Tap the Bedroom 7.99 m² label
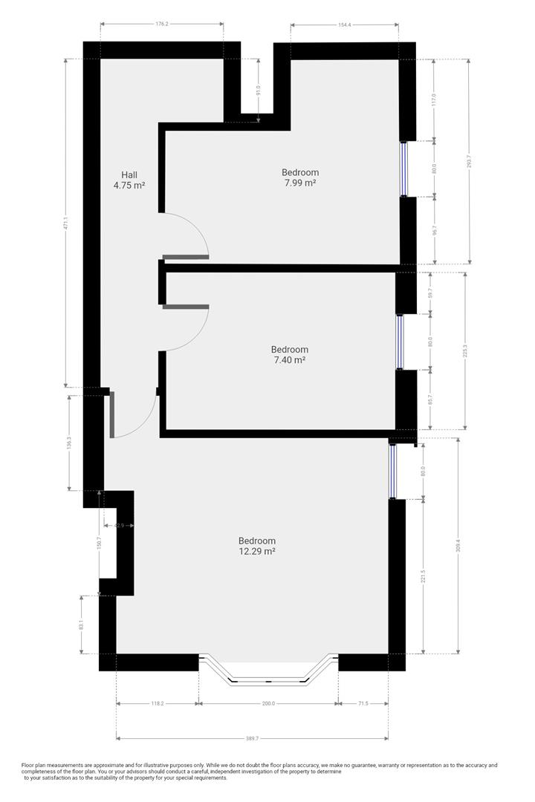tap(300, 177)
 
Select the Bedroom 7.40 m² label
tap(290, 354)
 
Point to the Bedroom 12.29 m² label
tap(257, 546)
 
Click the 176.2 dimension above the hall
tap(162, 25)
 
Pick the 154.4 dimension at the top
tap(344, 25)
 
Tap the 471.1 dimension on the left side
tap(66, 222)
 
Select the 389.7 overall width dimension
tap(252, 738)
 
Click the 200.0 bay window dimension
tap(268, 703)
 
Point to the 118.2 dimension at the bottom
tap(158, 703)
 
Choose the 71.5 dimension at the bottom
tap(363, 703)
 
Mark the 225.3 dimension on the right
tap(465, 351)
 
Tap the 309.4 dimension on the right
tap(458, 546)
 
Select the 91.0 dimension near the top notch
tap(258, 91)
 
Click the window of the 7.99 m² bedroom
tap(404, 169)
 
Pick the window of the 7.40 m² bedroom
tap(400, 342)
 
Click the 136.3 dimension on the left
tap(69, 443)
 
